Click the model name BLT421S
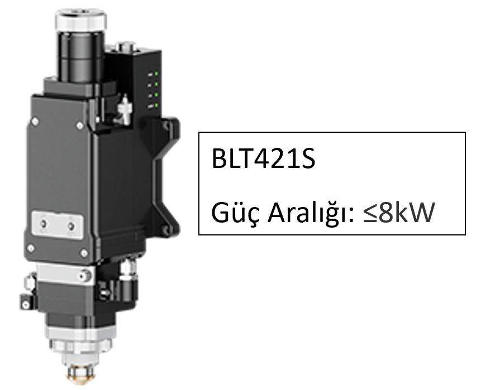263,158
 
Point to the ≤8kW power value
399,213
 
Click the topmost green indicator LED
156,74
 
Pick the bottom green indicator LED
156,105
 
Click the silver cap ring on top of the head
81,20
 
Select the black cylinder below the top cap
80,57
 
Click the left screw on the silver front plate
44,223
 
